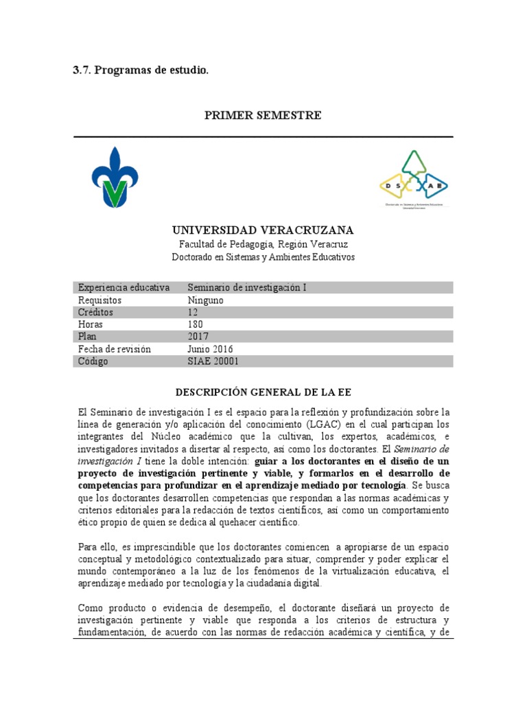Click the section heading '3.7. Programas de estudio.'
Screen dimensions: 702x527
[x=140, y=70]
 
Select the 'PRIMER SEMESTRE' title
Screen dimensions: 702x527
[x=263, y=115]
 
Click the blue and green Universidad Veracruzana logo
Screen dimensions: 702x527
[x=110, y=177]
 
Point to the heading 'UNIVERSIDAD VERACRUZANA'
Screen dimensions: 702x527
[x=263, y=230]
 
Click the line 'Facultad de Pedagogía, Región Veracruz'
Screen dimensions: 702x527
[x=263, y=244]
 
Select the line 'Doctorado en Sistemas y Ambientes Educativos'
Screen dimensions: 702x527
[x=263, y=257]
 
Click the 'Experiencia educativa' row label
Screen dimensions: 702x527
[x=124, y=287]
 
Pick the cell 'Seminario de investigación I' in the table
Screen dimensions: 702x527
[x=247, y=287]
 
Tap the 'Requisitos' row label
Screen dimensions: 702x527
[x=99, y=300]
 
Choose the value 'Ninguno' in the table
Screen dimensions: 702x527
[x=206, y=300]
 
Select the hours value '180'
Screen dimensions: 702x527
[x=196, y=324]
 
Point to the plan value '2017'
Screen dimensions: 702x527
[x=198, y=337]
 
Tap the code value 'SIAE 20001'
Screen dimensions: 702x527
[x=213, y=361]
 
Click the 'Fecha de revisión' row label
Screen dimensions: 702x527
[x=115, y=349]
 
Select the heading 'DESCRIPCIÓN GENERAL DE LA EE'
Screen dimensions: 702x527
[x=263, y=392]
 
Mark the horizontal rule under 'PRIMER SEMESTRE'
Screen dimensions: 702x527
[x=263, y=137]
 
